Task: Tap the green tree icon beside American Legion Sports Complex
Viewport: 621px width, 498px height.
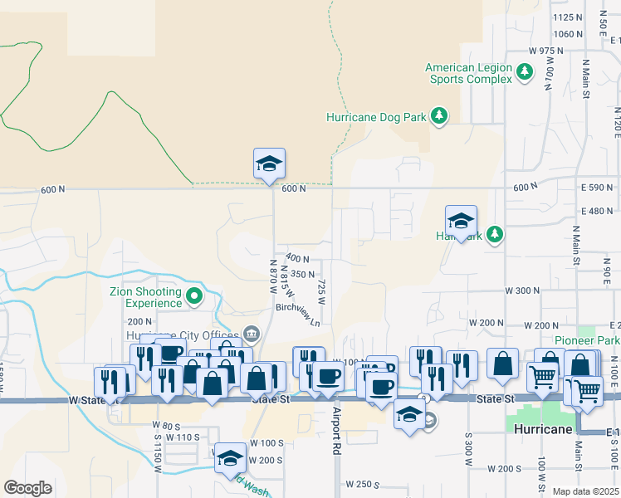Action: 524,73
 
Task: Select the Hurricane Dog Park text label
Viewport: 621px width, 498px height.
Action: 375,117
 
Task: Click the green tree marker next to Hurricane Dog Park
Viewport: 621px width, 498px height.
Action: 439,117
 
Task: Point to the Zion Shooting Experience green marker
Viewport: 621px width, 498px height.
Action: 193,295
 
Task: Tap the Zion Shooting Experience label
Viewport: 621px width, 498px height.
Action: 145,297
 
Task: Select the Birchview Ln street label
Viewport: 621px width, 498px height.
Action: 298,315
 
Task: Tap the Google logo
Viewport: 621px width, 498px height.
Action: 27,488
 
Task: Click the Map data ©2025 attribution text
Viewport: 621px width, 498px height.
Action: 585,491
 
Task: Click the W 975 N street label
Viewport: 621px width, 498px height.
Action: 545,51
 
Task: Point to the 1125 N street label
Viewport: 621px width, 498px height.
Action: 568,17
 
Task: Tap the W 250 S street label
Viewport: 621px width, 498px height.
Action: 363,484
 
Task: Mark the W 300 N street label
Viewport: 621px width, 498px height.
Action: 522,290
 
